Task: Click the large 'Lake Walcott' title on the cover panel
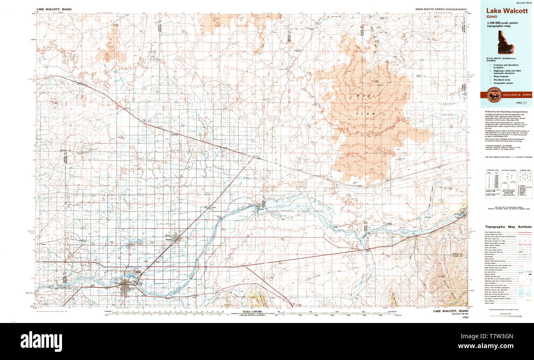(x=507, y=11)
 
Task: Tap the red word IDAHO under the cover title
(x=492, y=17)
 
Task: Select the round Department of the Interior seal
(x=494, y=95)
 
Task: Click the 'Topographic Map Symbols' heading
(x=508, y=227)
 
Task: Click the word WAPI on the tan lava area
(x=360, y=96)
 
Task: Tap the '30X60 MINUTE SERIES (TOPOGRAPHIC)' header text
(x=441, y=9)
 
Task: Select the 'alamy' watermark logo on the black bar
(x=41, y=341)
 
